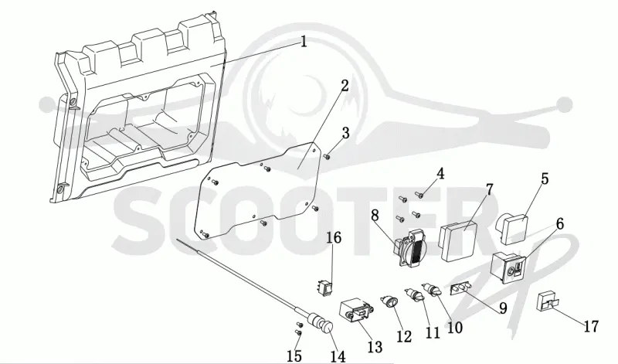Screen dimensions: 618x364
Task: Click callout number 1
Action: (303, 42)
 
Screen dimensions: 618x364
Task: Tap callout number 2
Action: (345, 86)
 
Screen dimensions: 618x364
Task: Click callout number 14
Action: (338, 357)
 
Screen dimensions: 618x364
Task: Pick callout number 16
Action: (334, 238)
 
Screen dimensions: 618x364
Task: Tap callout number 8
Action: (375, 216)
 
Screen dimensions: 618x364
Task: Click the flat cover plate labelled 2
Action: (261, 190)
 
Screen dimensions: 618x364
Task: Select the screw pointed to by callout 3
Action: (327, 157)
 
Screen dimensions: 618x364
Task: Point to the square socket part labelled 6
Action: (509, 267)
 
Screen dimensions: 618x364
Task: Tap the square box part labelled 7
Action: (457, 241)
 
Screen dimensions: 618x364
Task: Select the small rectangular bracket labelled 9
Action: (461, 289)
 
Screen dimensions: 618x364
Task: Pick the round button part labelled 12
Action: (389, 302)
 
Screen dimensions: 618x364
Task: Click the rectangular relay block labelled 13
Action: (356, 311)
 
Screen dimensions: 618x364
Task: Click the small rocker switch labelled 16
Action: (325, 287)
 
